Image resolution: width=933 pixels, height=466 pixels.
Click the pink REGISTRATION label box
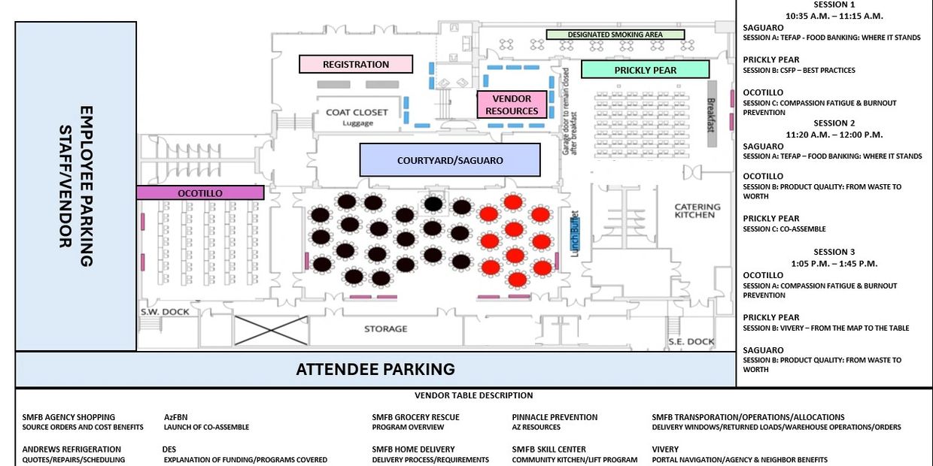click(x=356, y=65)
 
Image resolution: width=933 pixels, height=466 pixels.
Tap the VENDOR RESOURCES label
click(x=512, y=104)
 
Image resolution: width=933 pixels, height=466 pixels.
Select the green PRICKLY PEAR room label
click(x=645, y=70)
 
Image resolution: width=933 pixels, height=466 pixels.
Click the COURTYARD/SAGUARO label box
click(x=450, y=160)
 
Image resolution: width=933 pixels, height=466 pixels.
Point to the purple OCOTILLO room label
click(x=200, y=193)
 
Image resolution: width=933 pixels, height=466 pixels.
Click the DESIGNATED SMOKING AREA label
click(x=615, y=35)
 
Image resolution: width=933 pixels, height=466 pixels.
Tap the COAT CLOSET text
click(x=357, y=113)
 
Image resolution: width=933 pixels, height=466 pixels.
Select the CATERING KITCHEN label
click(x=697, y=210)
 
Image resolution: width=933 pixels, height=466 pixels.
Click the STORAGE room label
click(x=385, y=328)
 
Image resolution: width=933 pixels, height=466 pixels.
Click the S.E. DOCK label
click(x=691, y=341)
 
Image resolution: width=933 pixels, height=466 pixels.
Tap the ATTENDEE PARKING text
click(x=375, y=369)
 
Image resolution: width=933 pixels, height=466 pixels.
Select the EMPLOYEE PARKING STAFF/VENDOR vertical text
click(x=76, y=186)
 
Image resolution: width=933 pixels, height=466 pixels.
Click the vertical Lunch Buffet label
click(x=575, y=234)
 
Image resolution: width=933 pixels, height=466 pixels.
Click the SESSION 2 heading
click(x=834, y=123)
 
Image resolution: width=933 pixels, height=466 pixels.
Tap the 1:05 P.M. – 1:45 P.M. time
click(x=834, y=263)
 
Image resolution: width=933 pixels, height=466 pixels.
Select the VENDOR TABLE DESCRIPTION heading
click(x=473, y=395)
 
